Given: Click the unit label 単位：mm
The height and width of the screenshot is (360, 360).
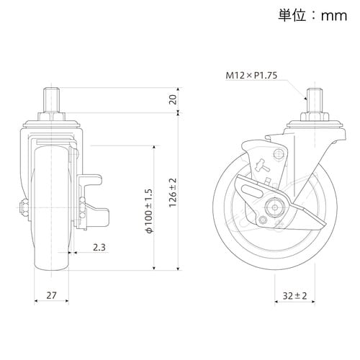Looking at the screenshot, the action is (312, 16).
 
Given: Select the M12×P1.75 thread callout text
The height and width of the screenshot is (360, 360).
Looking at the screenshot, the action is (251, 75).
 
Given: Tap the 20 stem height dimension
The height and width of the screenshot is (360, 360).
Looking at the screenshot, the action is (173, 99).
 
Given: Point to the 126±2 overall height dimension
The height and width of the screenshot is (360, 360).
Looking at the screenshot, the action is (173, 192).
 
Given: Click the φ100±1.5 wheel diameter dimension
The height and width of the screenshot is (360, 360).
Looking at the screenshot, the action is (149, 211).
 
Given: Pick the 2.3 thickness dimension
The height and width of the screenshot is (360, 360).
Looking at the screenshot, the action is (99, 247).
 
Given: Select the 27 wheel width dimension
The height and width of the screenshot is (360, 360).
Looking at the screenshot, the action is (51, 295).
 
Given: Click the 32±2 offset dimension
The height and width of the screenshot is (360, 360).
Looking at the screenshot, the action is (294, 296).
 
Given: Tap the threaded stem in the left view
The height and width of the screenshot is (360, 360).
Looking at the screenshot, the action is (51, 99).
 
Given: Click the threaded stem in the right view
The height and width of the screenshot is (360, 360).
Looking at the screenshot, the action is (315, 99).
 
